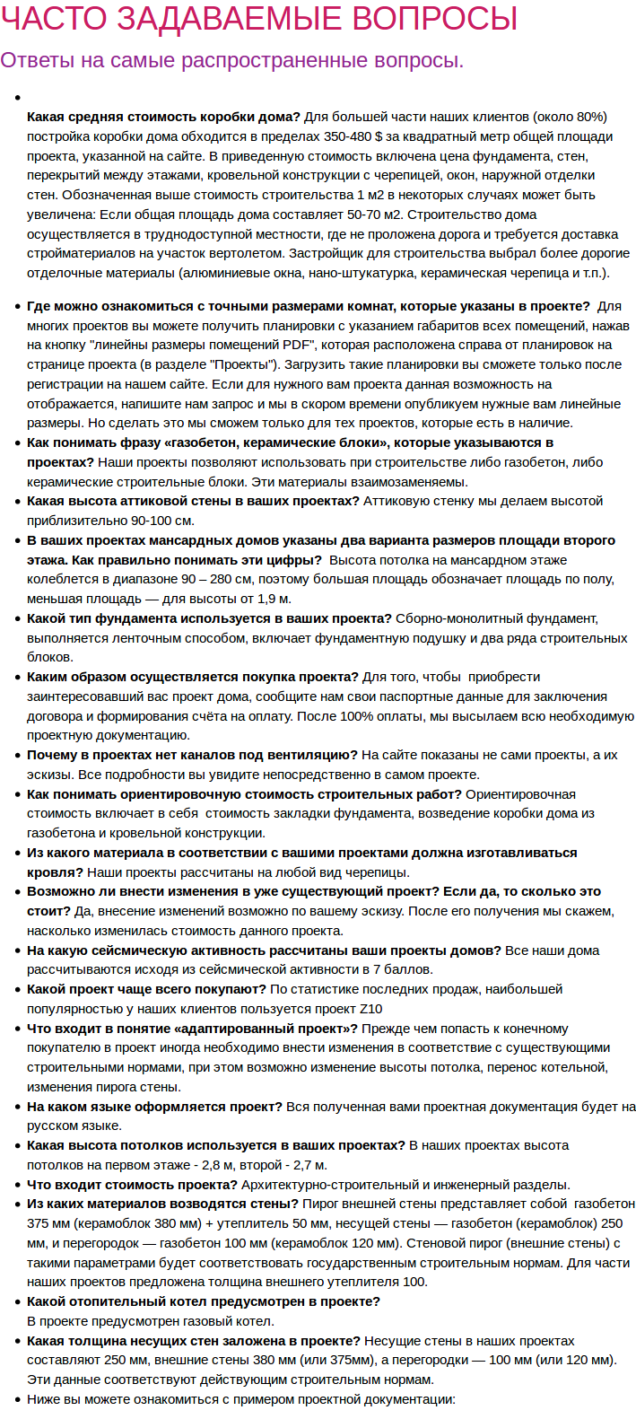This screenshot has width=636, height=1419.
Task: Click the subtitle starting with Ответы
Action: tap(231, 60)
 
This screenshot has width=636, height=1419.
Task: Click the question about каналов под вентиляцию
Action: tap(192, 755)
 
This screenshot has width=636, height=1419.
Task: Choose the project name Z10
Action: tap(370, 1009)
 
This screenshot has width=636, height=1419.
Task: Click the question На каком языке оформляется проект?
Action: tap(154, 1107)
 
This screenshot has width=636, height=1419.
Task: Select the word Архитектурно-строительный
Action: tap(383, 1185)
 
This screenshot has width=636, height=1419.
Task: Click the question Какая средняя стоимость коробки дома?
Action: tap(163, 117)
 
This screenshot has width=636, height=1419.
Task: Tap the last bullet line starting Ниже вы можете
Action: tap(240, 1399)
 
